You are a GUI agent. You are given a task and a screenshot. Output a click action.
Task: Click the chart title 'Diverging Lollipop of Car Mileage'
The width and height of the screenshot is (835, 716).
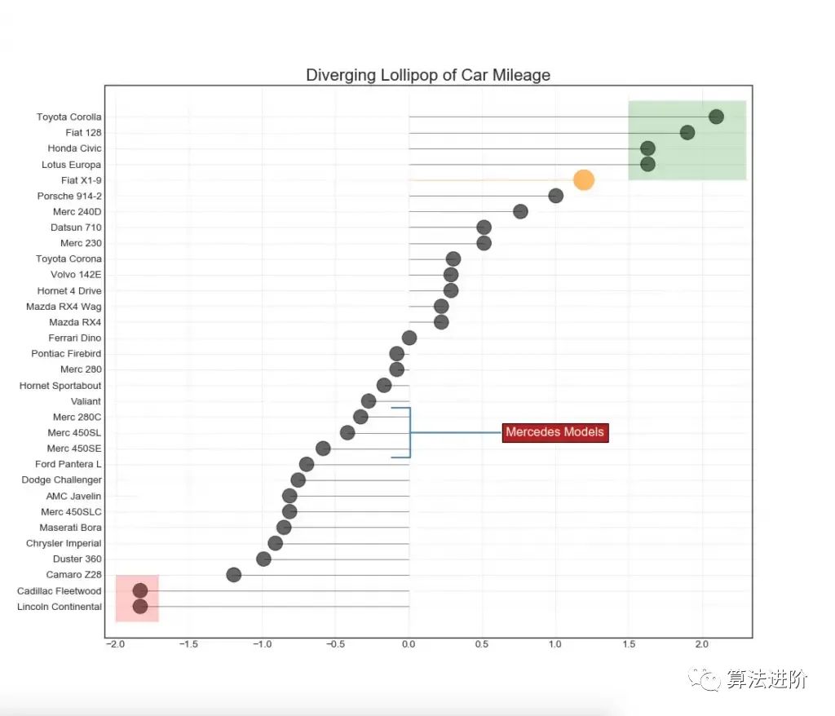click(428, 75)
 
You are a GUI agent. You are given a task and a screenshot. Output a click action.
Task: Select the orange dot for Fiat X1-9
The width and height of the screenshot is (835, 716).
click(583, 180)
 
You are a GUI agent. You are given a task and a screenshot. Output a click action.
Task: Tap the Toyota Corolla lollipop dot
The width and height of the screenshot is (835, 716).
click(716, 117)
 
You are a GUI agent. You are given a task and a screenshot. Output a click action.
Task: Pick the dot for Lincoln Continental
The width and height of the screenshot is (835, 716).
click(140, 607)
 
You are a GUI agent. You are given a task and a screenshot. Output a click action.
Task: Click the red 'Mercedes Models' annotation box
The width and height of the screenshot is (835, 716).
click(555, 432)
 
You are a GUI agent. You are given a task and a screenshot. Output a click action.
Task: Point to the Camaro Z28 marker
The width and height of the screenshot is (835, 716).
click(234, 575)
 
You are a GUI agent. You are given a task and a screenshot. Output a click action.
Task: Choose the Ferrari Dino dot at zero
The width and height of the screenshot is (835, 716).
click(409, 338)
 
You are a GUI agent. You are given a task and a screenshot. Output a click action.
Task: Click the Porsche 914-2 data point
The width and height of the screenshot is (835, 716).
click(556, 196)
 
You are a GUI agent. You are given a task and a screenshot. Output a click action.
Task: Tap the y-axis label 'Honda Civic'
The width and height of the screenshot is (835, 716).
click(74, 148)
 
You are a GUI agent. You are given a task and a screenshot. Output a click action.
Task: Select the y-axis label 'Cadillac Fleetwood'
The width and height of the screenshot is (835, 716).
click(60, 591)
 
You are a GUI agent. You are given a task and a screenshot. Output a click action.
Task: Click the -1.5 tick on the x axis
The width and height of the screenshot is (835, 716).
click(189, 644)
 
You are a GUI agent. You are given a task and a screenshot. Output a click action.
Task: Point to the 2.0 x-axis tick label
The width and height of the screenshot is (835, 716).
click(702, 644)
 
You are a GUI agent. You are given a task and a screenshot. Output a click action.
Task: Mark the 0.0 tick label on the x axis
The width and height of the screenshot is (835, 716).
click(409, 644)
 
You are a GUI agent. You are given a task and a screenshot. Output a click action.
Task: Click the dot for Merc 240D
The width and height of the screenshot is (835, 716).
click(520, 212)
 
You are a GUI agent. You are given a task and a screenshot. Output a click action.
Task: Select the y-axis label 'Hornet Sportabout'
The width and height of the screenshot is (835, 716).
click(60, 386)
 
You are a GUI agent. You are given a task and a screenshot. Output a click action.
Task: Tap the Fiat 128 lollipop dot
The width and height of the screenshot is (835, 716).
click(687, 133)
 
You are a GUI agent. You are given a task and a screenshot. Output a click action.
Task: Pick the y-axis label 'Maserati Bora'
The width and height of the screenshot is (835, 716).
click(70, 528)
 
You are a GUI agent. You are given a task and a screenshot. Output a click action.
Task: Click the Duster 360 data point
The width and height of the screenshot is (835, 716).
click(263, 559)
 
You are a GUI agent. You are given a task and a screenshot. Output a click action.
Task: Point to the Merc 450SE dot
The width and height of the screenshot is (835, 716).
click(323, 449)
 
